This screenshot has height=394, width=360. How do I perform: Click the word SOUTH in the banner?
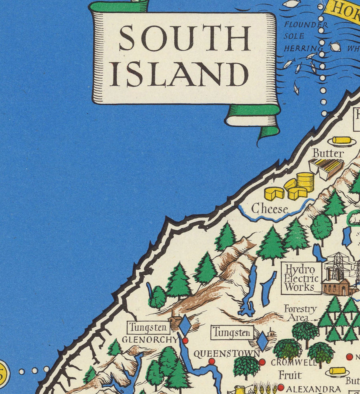click(x=184, y=39)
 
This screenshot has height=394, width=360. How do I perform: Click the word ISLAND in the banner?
click(x=179, y=74)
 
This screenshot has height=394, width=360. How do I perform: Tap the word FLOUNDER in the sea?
click(x=306, y=25)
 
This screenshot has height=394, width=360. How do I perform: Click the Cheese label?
click(x=269, y=209)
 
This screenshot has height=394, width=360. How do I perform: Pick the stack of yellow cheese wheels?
click(x=304, y=181)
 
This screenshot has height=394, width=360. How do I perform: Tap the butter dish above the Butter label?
click(x=342, y=141)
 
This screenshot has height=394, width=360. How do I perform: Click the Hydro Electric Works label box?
click(x=301, y=277)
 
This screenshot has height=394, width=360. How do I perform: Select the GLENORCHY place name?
click(x=149, y=340)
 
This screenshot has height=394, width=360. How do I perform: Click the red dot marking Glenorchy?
click(x=185, y=340)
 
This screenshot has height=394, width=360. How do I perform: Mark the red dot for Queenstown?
click(x=212, y=361)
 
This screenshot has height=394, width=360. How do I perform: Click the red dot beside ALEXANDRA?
click(x=280, y=387)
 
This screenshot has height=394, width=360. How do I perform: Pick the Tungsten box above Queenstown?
click(x=232, y=332)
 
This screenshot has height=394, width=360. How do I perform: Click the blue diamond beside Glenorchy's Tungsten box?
click(x=184, y=326)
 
